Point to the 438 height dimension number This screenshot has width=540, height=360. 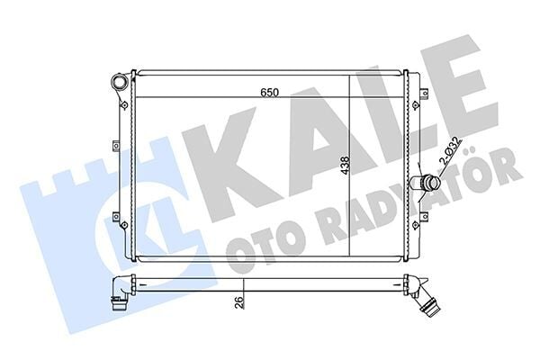click(345, 168)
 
